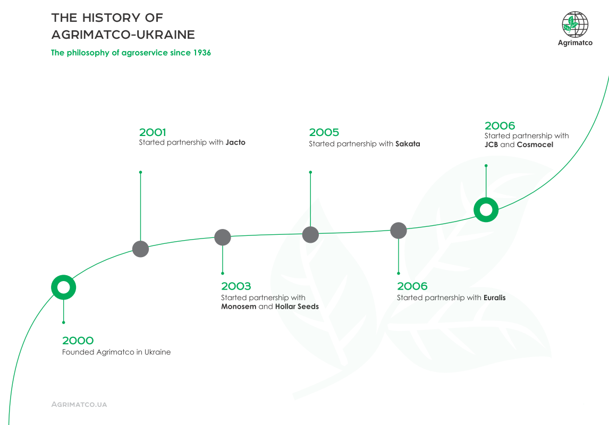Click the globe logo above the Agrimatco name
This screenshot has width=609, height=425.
(575, 24)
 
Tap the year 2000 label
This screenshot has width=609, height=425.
(78, 341)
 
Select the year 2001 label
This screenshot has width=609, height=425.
(152, 132)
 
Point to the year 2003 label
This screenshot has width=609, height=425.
(236, 286)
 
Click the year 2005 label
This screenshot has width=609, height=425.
(324, 132)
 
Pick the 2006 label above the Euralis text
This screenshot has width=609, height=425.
(412, 286)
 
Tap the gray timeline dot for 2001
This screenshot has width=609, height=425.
(141, 249)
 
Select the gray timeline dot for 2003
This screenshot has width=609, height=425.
(223, 237)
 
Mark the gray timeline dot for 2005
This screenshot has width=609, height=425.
(310, 234)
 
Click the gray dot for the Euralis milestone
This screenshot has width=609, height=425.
(399, 231)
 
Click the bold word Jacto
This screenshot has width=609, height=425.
(235, 142)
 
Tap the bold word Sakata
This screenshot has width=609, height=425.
(408, 144)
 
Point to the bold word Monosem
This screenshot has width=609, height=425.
(239, 307)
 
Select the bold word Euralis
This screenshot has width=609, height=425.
(494, 297)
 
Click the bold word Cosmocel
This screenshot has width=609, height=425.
(535, 145)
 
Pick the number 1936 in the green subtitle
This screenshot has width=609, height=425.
(202, 53)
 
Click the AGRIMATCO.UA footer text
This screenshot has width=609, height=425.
(79, 404)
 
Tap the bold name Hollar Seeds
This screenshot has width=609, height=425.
(297, 307)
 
